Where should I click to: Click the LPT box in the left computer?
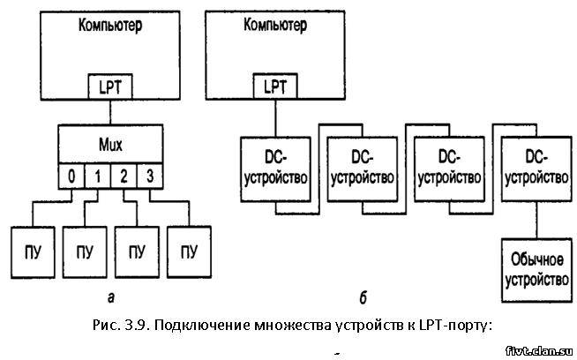pos(110,86)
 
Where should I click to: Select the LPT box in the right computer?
pos(275,86)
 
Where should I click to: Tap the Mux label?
pos(110,145)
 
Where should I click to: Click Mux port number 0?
pos(71,176)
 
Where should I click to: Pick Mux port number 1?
pos(98,176)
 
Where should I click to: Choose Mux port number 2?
pos(124,176)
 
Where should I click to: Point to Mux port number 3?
pos(150,176)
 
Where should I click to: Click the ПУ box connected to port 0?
pos(33,252)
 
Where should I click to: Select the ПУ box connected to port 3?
pos(189,252)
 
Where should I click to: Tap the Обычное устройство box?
pos(537,271)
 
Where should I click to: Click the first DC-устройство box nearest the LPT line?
pos(275,169)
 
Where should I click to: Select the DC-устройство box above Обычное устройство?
pos(537,169)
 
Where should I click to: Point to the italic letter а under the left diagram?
pos(111,297)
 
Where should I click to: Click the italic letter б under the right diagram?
pos(363,297)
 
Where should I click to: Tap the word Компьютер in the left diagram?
pos(110,26)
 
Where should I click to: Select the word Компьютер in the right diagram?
pos(275,26)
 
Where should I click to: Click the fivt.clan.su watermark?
pos(540,351)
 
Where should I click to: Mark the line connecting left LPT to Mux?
pos(110,112)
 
